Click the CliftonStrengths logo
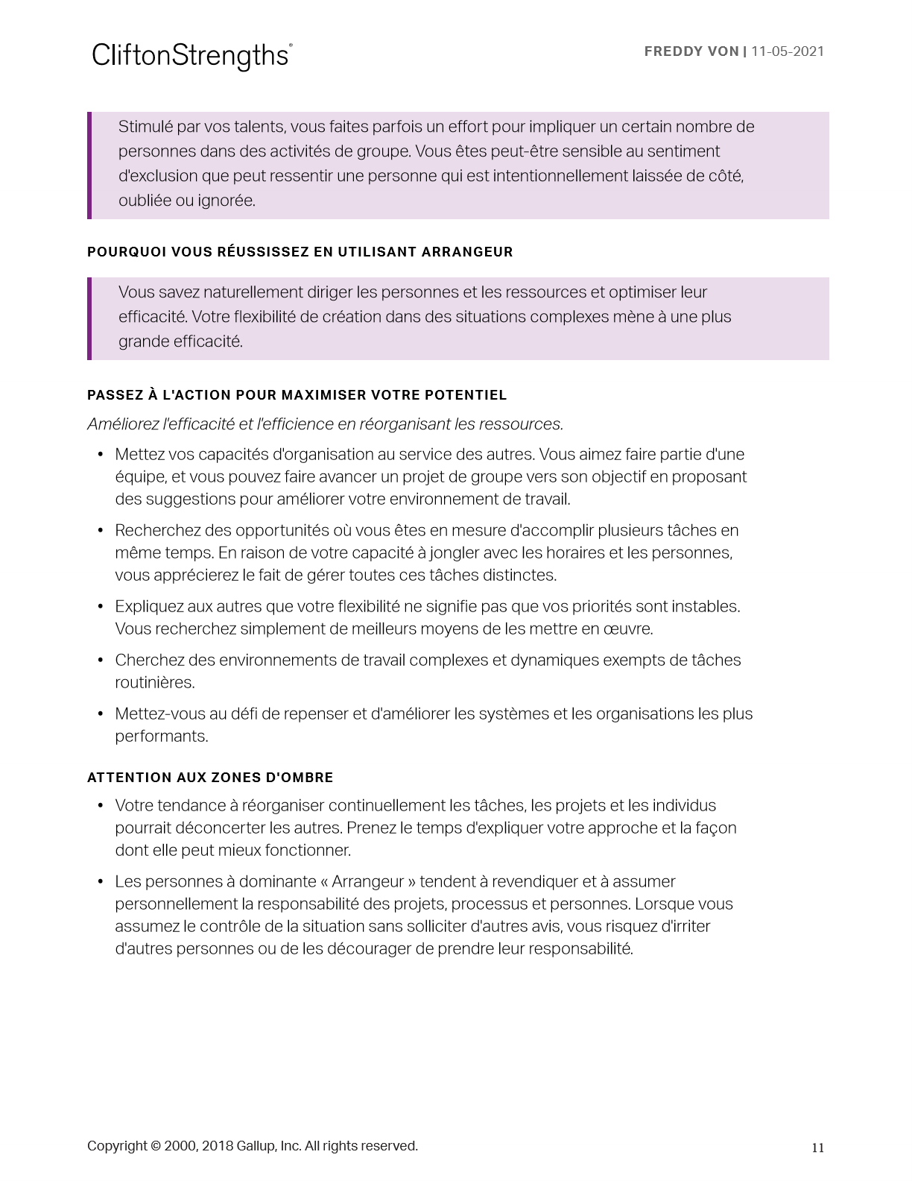[x=191, y=56]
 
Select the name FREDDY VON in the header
[x=691, y=51]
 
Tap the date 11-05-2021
[x=788, y=51]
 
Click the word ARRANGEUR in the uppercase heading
[x=467, y=252]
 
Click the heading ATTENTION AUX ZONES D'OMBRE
[x=210, y=778]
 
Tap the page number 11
[x=817, y=1147]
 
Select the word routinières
[x=154, y=683]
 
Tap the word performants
[x=161, y=737]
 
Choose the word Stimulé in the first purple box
[x=145, y=127]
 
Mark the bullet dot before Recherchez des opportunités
[x=100, y=530]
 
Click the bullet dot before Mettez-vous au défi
[x=100, y=714]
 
